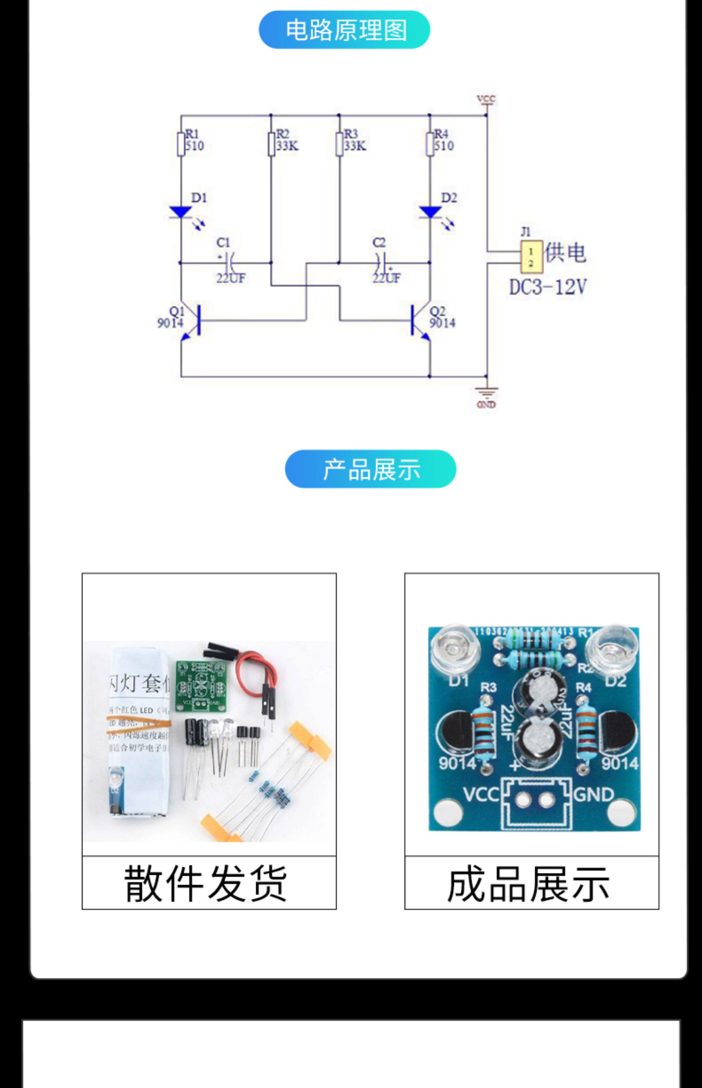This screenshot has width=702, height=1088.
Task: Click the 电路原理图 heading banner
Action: [344, 30]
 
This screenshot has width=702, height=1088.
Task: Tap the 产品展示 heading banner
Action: [370, 469]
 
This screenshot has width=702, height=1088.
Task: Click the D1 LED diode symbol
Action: [181, 212]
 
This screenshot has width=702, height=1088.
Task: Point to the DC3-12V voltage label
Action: [547, 287]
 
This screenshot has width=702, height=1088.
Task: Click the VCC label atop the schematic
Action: [486, 99]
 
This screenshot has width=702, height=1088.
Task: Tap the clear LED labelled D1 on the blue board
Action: [455, 649]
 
